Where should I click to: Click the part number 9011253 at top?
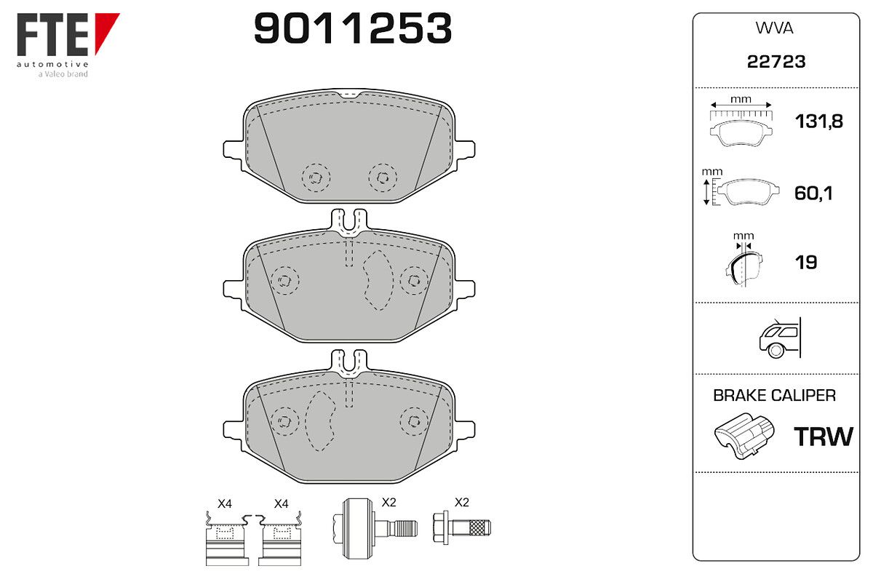coord(353,28)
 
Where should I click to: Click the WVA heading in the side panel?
coord(774,28)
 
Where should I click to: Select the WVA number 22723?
coord(776,62)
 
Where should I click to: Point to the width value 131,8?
coord(819,121)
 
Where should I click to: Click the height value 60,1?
coord(813,193)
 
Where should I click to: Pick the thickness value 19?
coord(806,263)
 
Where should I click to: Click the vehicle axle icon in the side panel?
coord(780,338)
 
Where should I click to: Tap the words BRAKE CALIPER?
coord(774,396)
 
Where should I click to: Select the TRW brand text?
coord(823,436)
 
